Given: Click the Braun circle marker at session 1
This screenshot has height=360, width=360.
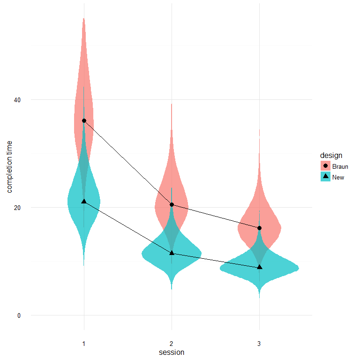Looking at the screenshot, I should pos(84,120).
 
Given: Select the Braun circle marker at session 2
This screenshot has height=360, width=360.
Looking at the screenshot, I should pos(172,204).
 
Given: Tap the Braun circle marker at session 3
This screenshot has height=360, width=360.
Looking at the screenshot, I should pos(259,228).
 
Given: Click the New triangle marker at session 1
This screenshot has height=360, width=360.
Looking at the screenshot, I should pos(84,201).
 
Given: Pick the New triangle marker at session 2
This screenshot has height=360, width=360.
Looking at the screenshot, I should pos(172,253).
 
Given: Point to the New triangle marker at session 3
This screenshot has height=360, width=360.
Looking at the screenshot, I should pos(259,267).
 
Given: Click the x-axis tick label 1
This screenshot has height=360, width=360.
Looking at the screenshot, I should pos(84,344).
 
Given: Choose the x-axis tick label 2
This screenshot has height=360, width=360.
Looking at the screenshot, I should pos(172,344).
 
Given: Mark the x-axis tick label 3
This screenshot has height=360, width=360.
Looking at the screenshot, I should pos(259,344).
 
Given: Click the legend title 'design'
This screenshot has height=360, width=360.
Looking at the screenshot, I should pos(331,155).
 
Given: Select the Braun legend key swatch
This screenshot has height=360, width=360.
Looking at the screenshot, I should pos(325,166).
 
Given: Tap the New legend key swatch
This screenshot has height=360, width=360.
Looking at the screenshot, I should pos(325,177).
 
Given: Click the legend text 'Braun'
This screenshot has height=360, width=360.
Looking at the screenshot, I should pos(340,166).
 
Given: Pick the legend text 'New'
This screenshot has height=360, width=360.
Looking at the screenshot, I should pos(338,177).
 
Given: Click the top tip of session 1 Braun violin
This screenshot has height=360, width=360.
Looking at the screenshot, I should pos(84,18).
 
